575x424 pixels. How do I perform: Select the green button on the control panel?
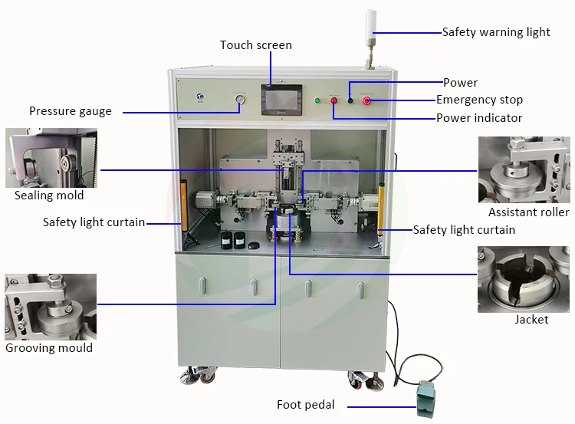[317, 100]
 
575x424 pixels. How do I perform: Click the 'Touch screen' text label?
[256, 45]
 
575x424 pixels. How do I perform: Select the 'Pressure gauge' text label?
[71, 111]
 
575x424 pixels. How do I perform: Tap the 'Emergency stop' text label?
[479, 100]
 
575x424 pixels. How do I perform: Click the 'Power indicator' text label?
[479, 118]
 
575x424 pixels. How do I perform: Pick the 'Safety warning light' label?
[496, 32]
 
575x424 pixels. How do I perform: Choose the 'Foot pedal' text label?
[306, 405]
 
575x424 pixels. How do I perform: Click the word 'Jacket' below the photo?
[531, 320]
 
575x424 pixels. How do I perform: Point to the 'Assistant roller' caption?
[528, 212]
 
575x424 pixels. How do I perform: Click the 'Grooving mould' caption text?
[49, 348]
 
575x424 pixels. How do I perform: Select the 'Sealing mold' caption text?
[49, 196]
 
